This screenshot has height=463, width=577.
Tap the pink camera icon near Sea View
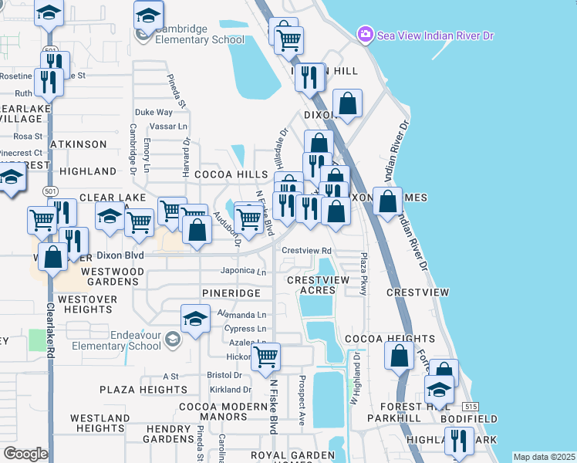(x=365, y=35)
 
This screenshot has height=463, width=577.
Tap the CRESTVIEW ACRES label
(x=317, y=285)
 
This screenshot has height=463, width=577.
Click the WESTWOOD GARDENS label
(x=112, y=276)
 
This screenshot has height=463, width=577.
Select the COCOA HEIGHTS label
(x=390, y=339)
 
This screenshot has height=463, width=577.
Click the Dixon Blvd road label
(x=120, y=255)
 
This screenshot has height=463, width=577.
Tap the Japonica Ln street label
(x=243, y=272)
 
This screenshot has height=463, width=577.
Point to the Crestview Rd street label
(x=306, y=251)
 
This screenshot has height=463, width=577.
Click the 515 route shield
(x=470, y=406)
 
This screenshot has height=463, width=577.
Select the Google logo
(x=25, y=454)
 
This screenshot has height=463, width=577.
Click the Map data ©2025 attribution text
(x=544, y=457)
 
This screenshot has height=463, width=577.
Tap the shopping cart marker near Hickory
(x=266, y=357)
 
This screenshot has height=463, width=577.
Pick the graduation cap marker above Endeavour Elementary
(x=196, y=319)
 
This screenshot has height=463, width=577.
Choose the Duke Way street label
(x=154, y=112)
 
